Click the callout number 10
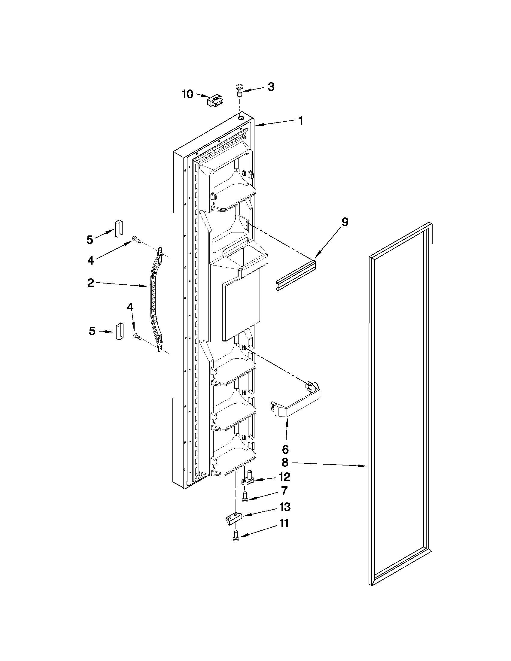click(187, 94)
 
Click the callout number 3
click(271, 87)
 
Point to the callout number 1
click(300, 121)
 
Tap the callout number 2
click(90, 283)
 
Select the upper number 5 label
click(90, 240)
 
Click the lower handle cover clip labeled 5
click(118, 332)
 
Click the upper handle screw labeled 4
click(136, 240)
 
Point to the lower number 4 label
click(129, 308)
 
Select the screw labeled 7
click(245, 497)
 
